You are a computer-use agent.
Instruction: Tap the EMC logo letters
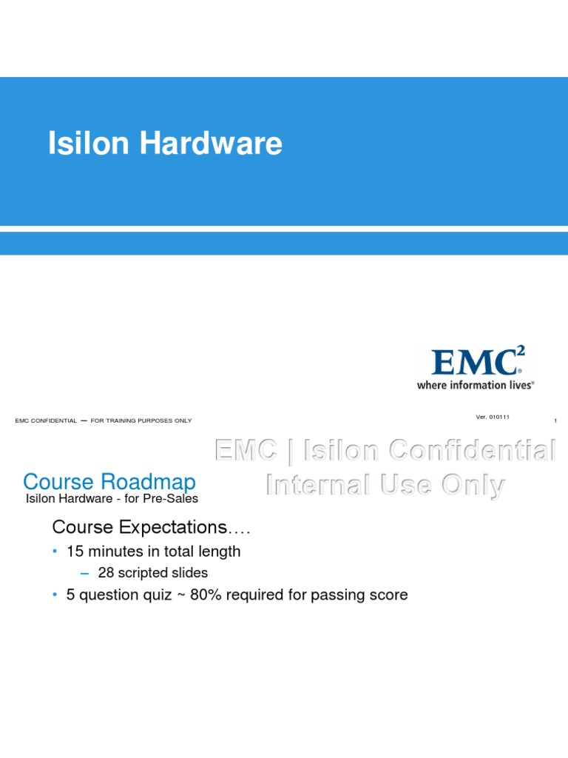pyautogui.click(x=474, y=363)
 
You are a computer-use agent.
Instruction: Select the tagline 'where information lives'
pyautogui.click(x=475, y=385)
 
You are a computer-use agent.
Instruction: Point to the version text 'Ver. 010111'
pyautogui.click(x=493, y=417)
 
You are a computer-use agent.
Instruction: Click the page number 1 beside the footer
pyautogui.click(x=555, y=421)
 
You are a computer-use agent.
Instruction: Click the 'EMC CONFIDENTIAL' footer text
pyautogui.click(x=46, y=420)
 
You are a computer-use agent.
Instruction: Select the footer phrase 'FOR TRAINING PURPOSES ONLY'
pyautogui.click(x=141, y=420)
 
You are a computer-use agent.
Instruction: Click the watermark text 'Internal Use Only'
pyautogui.click(x=385, y=485)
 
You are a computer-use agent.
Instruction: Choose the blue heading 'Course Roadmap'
pyautogui.click(x=109, y=482)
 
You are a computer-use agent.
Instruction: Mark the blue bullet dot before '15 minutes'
pyautogui.click(x=55, y=551)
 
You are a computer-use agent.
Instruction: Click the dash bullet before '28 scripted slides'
pyautogui.click(x=84, y=573)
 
